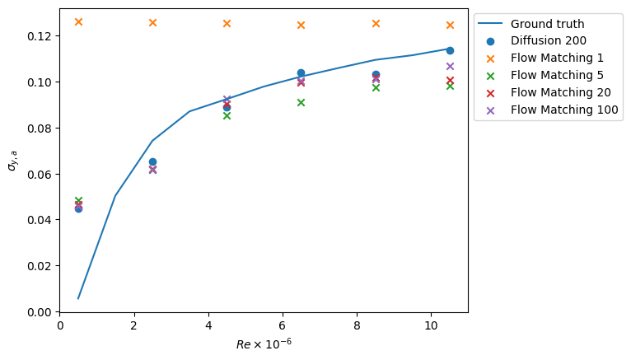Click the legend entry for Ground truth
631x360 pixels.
(547, 24)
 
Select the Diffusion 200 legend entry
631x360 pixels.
(548, 41)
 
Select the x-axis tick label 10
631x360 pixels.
(431, 325)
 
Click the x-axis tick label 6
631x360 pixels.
(283, 325)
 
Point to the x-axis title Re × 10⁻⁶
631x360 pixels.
(264, 343)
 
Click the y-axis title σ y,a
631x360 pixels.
(12, 161)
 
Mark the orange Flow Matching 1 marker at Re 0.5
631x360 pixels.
(78, 21)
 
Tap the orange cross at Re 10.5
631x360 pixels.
(450, 25)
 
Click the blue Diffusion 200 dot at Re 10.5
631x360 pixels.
(450, 50)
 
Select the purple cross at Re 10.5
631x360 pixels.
(450, 66)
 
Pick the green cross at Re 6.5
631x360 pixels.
(301, 102)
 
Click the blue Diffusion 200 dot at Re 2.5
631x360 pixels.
(152, 161)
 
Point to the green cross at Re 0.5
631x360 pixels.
(78, 200)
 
